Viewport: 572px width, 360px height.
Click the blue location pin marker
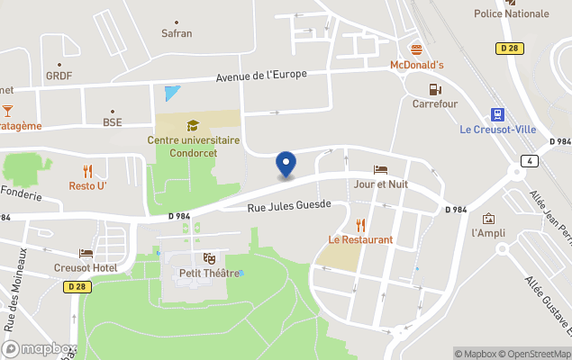coord(286,165)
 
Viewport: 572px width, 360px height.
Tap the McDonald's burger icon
coord(416,49)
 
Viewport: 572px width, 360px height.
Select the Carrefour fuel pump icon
coord(435,88)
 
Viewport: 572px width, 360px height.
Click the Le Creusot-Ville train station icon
coord(497,113)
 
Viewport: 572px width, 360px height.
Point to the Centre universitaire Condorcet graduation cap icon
coord(192,125)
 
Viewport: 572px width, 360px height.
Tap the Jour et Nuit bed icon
coord(381,169)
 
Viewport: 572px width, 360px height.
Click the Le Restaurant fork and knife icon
coord(360,225)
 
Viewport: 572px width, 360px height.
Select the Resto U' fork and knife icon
coord(87,171)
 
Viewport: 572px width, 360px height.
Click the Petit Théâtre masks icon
coord(210,258)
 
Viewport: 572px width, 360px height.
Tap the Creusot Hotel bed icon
coord(86,254)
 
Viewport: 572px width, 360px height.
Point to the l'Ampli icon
coord(488,219)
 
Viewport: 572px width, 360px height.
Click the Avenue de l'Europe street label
coord(261,75)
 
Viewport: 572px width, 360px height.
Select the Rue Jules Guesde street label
coord(289,206)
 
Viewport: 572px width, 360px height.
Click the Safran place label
coord(176,33)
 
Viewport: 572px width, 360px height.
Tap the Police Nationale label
coord(512,13)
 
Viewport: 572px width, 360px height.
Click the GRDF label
coord(59,76)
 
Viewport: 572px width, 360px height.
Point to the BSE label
coord(112,121)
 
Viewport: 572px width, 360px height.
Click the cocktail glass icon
coord(7,110)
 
